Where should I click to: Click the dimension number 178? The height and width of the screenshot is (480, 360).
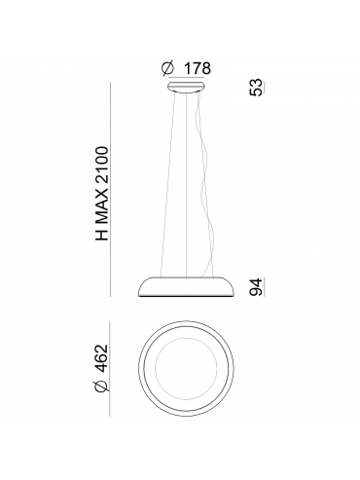tap(198, 68)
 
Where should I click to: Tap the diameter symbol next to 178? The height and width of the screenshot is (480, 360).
tap(167, 68)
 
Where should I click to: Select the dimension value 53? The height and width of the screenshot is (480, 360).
tap(255, 87)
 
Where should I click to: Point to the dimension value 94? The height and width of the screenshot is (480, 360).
tap(255, 287)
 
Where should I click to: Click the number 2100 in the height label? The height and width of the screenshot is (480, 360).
tap(102, 165)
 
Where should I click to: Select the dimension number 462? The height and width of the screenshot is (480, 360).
tap(102, 357)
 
